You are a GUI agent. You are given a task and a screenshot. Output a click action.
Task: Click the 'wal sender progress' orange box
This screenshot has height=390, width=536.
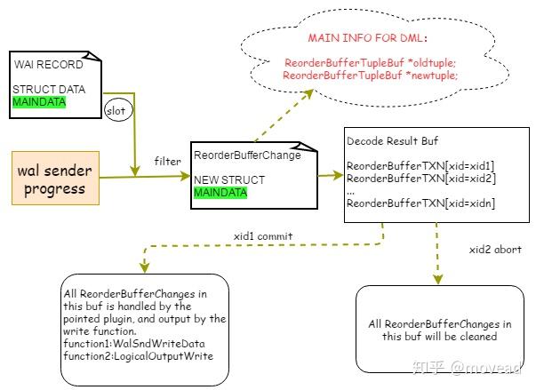pos(55,178)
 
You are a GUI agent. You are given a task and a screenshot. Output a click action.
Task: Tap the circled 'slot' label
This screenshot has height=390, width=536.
pos(118,111)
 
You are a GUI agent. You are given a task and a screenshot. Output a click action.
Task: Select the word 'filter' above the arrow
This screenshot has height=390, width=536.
pos(167,161)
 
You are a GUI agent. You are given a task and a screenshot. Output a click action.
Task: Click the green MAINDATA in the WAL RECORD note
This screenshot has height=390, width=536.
pos(39,102)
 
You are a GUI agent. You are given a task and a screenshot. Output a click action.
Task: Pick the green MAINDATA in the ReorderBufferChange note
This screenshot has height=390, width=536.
pos(220,193)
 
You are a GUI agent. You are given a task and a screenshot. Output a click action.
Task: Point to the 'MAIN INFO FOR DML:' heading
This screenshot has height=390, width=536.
pos(367,37)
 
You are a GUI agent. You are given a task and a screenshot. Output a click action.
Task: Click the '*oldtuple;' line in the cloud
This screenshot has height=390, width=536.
pos(370,63)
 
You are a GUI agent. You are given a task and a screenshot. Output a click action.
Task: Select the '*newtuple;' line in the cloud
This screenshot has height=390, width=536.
pos(370,76)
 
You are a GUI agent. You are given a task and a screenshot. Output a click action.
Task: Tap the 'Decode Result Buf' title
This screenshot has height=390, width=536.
pos(392,141)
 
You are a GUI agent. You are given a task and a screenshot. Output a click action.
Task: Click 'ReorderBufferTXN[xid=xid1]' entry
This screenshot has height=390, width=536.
pos(420,166)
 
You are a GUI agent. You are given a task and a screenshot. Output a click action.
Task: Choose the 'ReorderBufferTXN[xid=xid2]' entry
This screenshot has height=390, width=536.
pos(421,179)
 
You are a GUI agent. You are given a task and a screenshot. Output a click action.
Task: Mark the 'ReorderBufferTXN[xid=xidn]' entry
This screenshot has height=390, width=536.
pos(420,203)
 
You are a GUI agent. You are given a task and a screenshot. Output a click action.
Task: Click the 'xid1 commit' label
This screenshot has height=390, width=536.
pos(263,236)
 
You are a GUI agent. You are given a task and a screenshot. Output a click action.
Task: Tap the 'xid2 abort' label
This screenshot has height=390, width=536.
pos(495,250)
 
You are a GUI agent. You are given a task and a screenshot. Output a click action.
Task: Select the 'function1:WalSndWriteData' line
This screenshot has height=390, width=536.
pos(134,344)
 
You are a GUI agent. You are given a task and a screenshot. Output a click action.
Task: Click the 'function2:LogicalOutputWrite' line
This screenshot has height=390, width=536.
pos(139,356)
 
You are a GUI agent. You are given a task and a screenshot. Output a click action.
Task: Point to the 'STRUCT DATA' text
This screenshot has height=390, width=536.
pos(49,90)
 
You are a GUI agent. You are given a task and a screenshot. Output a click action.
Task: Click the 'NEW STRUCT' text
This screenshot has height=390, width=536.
pos(229,180)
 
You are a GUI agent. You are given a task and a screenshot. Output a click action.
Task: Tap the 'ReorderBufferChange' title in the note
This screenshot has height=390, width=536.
pos(247,155)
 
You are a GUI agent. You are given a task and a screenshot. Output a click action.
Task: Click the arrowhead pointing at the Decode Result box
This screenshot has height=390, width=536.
pos(339,175)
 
